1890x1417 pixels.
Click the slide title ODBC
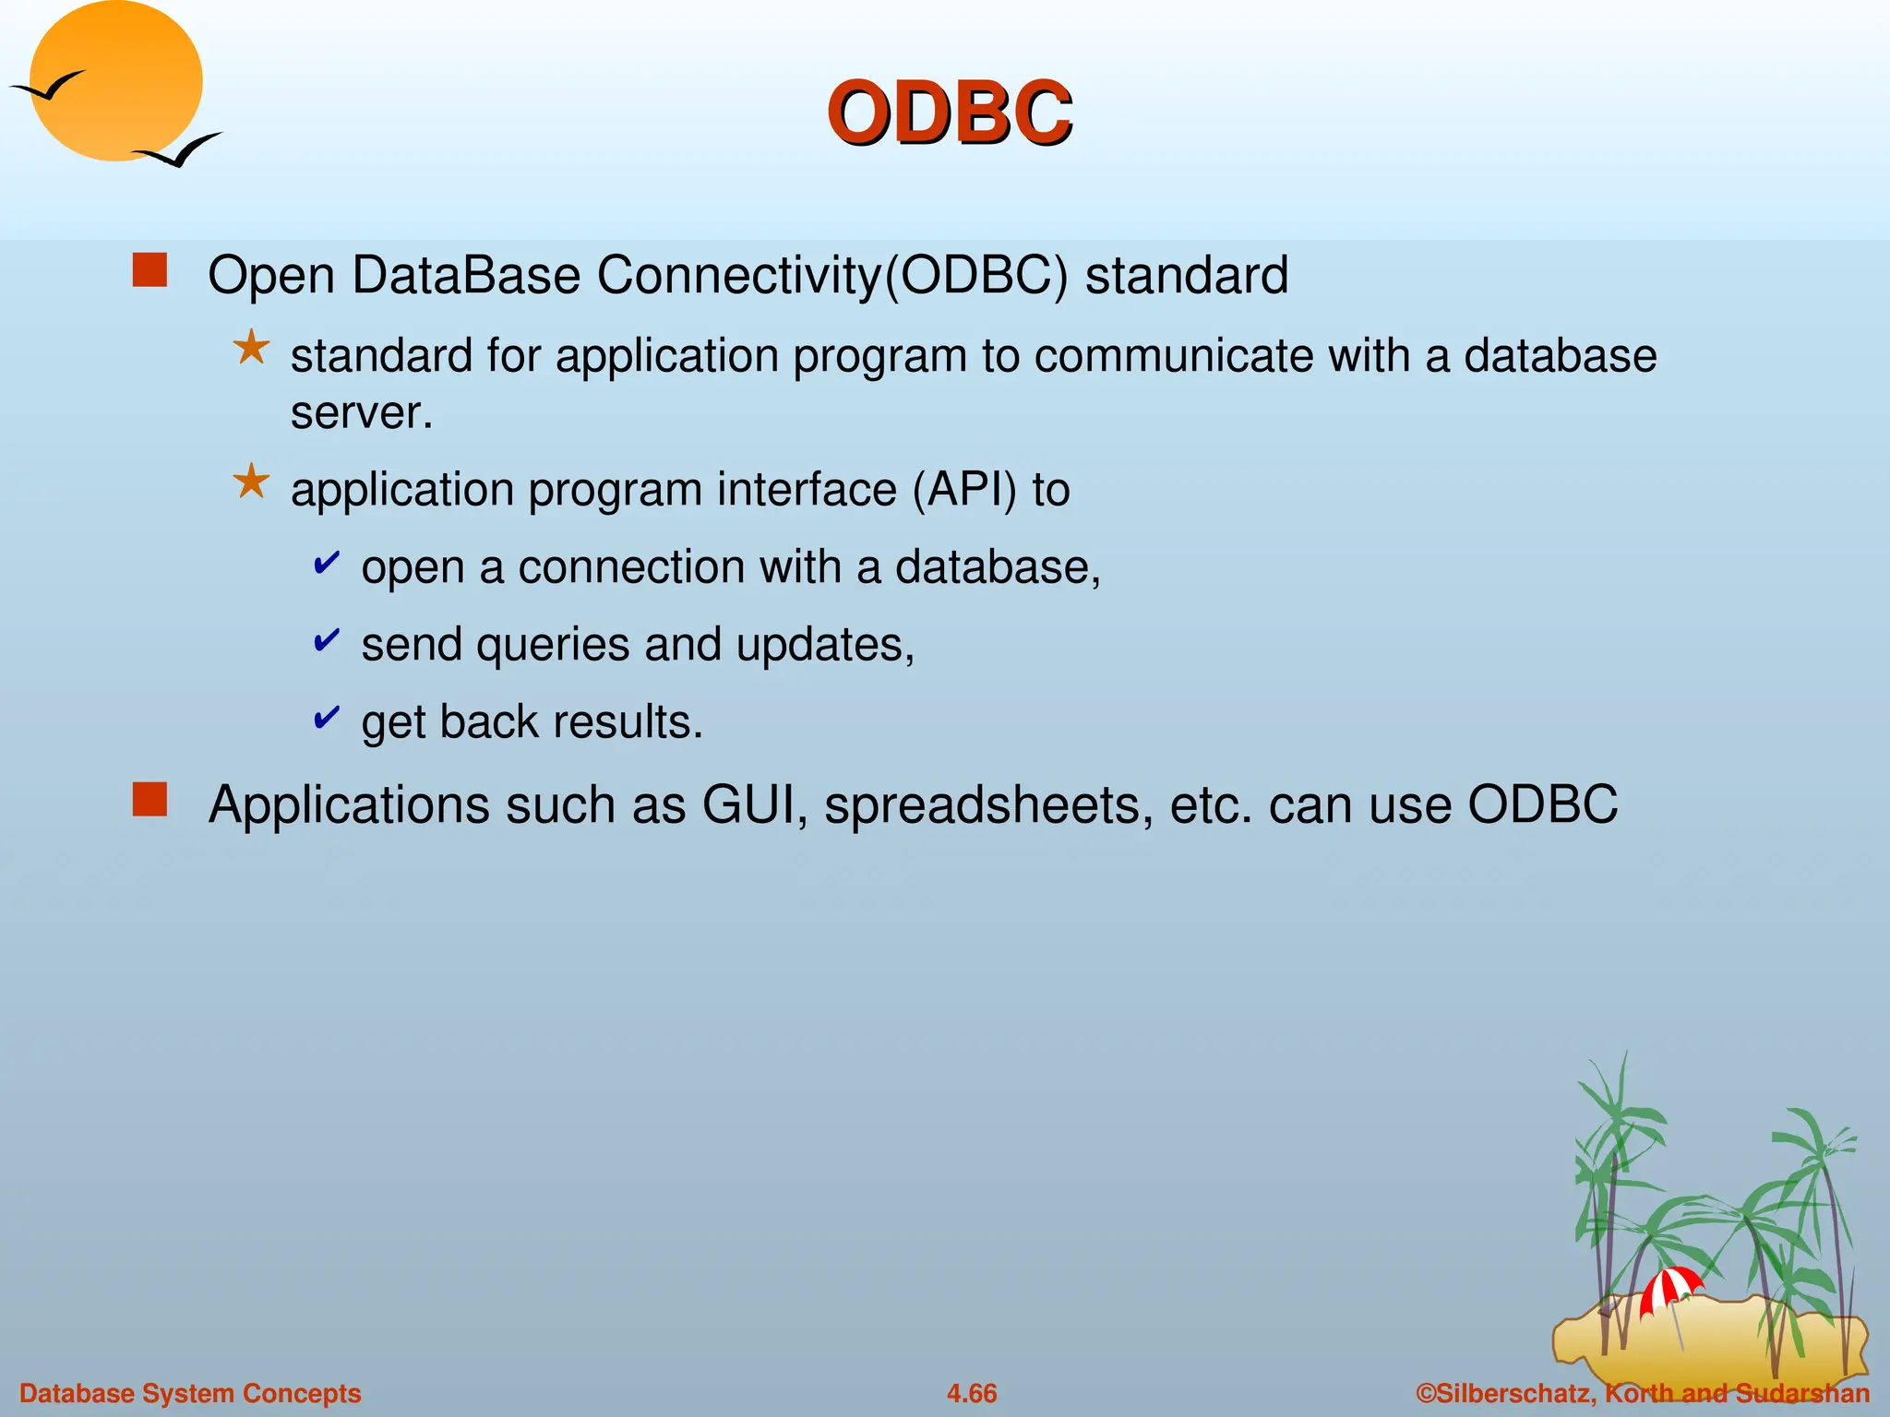pos(949,113)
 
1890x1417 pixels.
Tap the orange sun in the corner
pos(116,81)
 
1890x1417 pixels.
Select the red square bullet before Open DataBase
pos(150,271)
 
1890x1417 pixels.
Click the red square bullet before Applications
pos(150,800)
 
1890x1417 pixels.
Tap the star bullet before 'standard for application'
pos(251,349)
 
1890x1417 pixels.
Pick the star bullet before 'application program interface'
pos(251,482)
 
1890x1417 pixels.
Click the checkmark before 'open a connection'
pos(327,562)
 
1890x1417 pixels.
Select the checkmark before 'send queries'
pos(327,639)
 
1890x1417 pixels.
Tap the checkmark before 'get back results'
pos(327,717)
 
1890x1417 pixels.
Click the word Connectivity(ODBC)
pos(831,275)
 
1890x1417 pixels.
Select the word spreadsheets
pos(988,805)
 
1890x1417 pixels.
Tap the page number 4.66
pos(972,1393)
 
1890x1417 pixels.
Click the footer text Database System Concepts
pos(190,1393)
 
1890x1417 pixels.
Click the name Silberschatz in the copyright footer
pos(1513,1393)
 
